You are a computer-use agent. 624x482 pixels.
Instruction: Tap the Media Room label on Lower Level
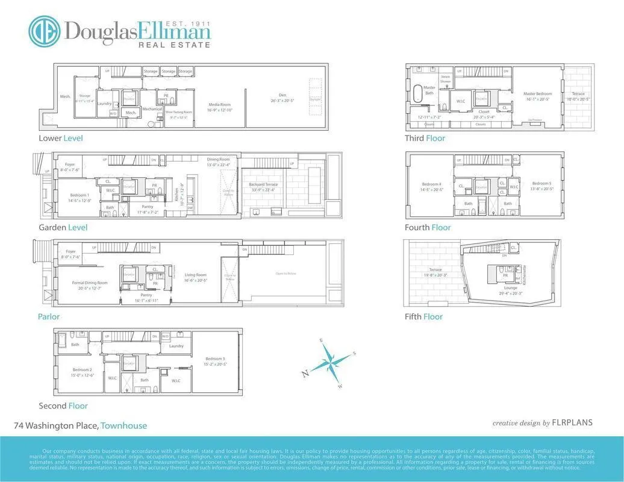coord(220,104)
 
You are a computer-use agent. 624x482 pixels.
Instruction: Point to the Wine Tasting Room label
coord(179,111)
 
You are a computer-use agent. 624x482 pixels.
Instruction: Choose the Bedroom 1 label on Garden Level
coord(80,195)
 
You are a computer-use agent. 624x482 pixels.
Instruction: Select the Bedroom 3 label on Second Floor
coord(215,359)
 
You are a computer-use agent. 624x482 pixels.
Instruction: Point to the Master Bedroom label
coord(537,94)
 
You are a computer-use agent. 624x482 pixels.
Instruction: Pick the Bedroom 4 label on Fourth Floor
coord(431,184)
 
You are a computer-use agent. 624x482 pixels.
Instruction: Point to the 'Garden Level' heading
coord(63,227)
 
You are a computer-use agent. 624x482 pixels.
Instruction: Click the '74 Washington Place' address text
coord(56,425)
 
